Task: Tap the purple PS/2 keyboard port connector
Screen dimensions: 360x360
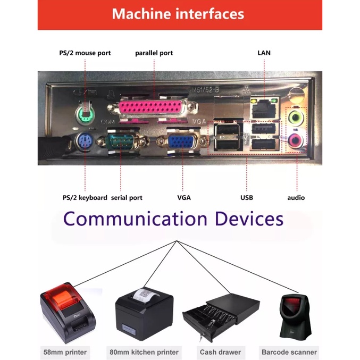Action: [x=85, y=143]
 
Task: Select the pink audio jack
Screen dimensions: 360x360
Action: [x=295, y=140]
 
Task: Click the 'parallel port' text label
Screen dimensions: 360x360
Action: [x=154, y=53]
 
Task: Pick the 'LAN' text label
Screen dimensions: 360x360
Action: [x=264, y=53]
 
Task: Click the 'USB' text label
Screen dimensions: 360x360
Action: [x=246, y=198]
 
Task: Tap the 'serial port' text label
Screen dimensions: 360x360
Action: [x=127, y=198]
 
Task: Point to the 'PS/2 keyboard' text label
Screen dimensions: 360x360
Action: [x=85, y=198]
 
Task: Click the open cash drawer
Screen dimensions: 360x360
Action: [x=221, y=317]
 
